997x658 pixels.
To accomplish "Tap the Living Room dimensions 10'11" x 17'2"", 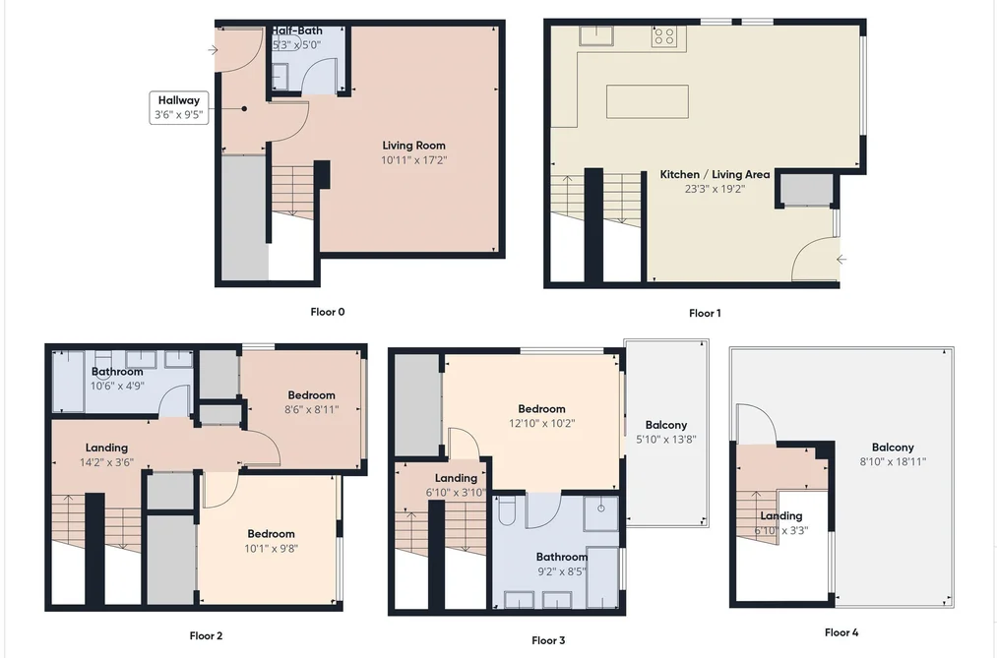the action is click(x=414, y=160).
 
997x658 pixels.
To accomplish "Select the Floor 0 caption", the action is click(x=328, y=312).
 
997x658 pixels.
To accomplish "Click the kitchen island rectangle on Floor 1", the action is click(x=648, y=101).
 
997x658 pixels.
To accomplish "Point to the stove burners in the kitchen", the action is click(x=664, y=35).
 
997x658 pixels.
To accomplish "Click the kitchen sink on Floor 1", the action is click(x=595, y=35).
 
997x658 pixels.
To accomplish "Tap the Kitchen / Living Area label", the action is click(x=715, y=174).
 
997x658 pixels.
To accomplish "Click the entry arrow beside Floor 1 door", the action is click(x=841, y=259).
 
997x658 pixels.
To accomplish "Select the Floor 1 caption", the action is click(x=705, y=313).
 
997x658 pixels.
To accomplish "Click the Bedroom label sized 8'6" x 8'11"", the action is click(x=311, y=395).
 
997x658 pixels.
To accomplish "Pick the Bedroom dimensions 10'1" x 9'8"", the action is click(x=272, y=549).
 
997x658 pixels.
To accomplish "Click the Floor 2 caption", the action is click(x=206, y=635).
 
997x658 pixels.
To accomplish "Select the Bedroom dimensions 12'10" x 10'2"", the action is click(x=541, y=424).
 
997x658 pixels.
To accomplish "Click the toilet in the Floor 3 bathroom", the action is click(x=507, y=510).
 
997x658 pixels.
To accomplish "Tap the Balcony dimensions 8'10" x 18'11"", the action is click(x=894, y=461).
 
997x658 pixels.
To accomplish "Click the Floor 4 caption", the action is click(x=841, y=632).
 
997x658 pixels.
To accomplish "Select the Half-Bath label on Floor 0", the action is click(x=297, y=30).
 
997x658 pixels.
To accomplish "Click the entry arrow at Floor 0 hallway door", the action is click(x=213, y=50).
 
